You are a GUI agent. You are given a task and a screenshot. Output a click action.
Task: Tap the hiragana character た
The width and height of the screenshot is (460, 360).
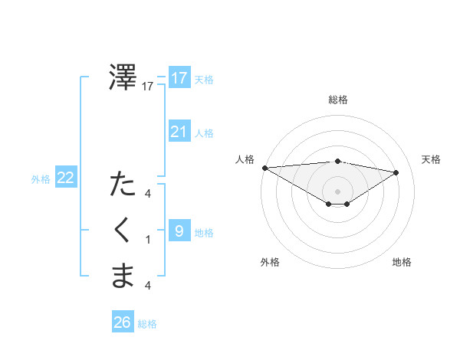point(123,185)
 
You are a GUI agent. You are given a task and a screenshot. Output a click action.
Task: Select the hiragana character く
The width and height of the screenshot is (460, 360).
point(123,231)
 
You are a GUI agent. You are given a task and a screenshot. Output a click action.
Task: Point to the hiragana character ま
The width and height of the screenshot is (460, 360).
point(123,276)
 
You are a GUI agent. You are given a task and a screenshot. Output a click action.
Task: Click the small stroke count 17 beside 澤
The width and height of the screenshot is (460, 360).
point(148,87)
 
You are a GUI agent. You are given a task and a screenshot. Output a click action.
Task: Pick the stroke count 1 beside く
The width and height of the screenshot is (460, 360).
point(148,240)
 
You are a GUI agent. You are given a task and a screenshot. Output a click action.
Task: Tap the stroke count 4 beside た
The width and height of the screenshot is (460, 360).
point(148,194)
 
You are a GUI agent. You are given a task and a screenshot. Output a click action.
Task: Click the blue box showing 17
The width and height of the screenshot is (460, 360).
point(179,78)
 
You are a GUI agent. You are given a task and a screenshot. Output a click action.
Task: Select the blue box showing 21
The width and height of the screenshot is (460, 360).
point(179,132)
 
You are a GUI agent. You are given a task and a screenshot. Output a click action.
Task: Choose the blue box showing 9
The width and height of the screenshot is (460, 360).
point(179,231)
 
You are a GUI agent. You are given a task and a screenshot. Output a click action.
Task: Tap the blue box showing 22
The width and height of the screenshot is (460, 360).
point(66,178)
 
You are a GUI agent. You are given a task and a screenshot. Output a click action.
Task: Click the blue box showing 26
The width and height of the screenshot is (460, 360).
point(123,322)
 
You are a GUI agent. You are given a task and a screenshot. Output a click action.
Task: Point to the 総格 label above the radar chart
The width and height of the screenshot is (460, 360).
point(337,100)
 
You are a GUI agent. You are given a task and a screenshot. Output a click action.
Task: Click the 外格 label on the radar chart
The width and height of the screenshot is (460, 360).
point(270,262)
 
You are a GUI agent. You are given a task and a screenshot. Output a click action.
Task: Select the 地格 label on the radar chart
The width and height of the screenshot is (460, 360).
point(402,262)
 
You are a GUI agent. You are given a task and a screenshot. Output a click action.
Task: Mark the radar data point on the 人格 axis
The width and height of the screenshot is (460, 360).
point(264,167)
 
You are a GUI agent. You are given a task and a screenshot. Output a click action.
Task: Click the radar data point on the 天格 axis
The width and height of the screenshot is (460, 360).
point(396,172)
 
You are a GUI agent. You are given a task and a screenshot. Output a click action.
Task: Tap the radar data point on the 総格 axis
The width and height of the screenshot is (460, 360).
point(337,161)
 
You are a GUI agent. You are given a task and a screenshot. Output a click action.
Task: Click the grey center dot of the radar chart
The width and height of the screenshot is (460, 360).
point(337,190)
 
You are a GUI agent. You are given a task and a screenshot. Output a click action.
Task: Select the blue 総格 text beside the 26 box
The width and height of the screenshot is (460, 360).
point(147,324)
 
